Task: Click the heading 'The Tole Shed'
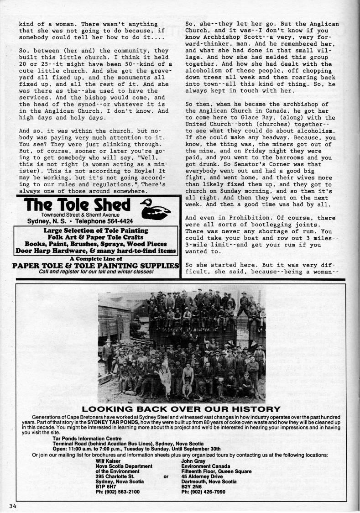click(x=78, y=204)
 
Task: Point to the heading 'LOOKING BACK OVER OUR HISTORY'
click(x=180, y=409)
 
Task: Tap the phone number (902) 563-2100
click(x=118, y=492)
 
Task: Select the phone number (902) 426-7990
click(x=203, y=492)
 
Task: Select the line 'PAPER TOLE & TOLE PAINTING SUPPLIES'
click(x=95, y=266)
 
